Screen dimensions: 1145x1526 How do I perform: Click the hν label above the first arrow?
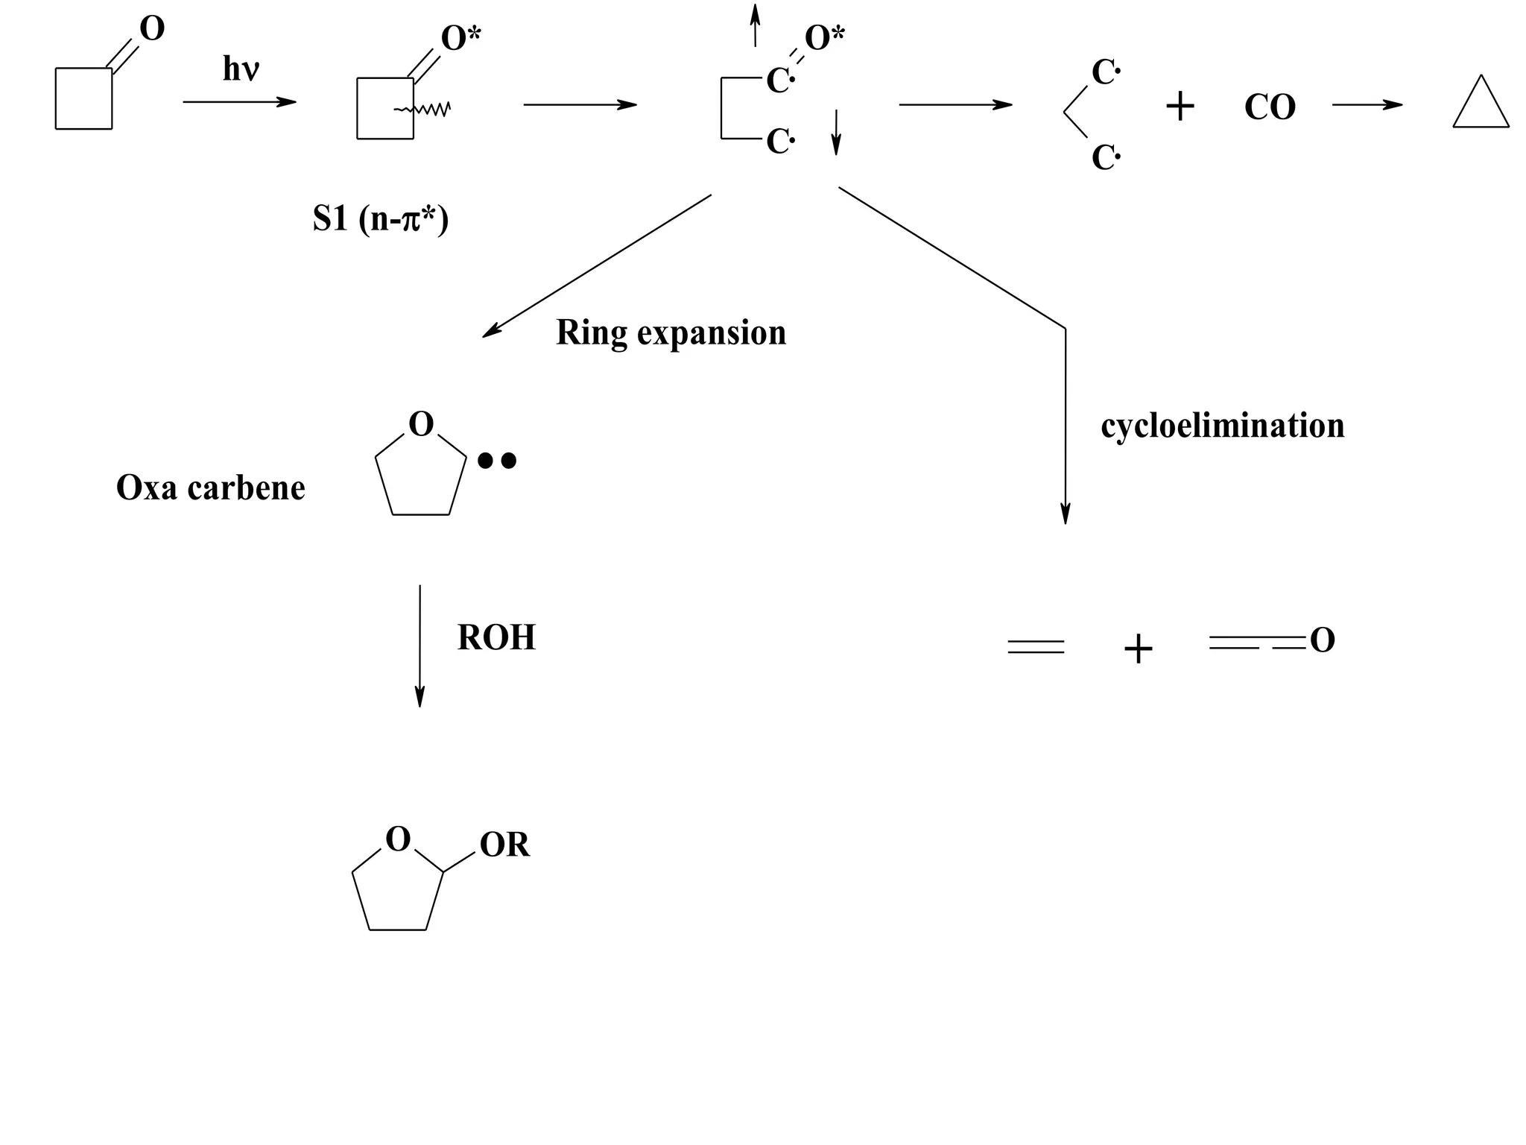tap(241, 70)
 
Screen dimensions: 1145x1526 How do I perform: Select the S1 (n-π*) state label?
tap(381, 219)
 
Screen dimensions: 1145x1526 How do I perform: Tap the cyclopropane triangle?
tap(1481, 104)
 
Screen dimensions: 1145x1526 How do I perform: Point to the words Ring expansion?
tap(671, 332)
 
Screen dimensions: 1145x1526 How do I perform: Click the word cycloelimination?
tap(1223, 426)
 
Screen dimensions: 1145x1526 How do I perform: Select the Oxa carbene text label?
tap(211, 488)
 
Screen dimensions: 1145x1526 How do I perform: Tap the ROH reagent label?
tap(496, 638)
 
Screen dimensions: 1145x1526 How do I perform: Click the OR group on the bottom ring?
tap(504, 845)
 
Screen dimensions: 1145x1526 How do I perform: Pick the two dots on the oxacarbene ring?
tap(497, 461)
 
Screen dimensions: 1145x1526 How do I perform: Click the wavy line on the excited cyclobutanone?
tap(422, 110)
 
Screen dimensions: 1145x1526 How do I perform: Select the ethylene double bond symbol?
tap(1036, 646)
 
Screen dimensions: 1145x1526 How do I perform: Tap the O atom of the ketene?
tap(1322, 640)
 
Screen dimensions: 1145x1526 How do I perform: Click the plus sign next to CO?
tap(1180, 107)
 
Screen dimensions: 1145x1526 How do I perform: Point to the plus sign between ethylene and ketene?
tap(1138, 649)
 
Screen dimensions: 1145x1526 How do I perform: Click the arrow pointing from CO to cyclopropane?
tap(1367, 105)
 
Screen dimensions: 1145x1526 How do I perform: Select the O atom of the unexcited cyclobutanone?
tap(152, 29)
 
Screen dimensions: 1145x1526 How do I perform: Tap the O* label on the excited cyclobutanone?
tap(461, 38)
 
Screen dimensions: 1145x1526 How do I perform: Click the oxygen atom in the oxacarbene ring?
tap(421, 425)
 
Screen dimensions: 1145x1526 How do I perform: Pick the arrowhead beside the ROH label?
tap(420, 697)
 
